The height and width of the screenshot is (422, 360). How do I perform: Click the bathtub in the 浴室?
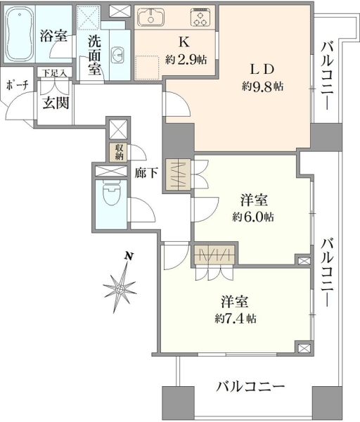coord(20,34)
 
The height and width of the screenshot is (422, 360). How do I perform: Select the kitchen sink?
coord(150,18)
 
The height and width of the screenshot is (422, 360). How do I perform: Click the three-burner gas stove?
coord(200,18)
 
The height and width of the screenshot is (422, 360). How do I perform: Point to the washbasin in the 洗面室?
coord(117,56)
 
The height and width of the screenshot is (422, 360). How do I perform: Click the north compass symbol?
coord(120,288)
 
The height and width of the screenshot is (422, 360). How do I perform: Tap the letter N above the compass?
coord(129,256)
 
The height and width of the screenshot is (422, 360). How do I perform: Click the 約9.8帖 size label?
coord(262,87)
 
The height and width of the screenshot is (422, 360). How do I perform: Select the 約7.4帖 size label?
coord(236,319)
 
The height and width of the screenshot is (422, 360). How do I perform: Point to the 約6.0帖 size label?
coord(253,217)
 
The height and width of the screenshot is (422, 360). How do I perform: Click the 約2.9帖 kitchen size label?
coord(186,60)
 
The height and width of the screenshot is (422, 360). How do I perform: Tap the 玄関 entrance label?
coord(56,103)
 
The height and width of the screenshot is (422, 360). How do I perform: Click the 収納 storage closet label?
coord(120,152)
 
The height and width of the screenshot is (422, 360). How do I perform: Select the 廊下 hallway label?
coord(146,173)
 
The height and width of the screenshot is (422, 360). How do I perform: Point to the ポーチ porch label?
coord(17,85)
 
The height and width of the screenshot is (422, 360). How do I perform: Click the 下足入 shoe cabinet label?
coord(55,72)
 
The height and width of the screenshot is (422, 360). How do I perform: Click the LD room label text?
coord(262,70)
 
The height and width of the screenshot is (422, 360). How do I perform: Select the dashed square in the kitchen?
coord(147,68)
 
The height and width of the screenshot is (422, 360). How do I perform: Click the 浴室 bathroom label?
coord(53,36)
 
